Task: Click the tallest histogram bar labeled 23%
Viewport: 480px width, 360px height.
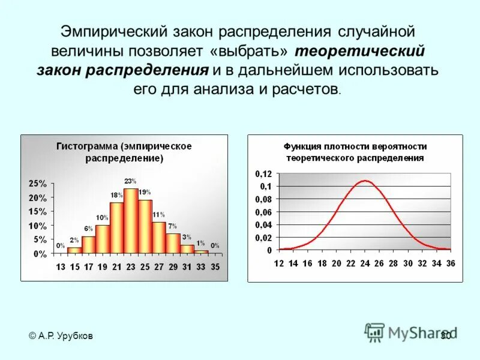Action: tap(131, 221)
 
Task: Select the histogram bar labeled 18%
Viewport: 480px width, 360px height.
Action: tap(116, 228)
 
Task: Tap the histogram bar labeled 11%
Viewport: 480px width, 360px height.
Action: tap(159, 238)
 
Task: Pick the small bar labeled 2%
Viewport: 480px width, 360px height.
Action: tap(74, 250)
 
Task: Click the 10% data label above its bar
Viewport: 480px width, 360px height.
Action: tap(102, 218)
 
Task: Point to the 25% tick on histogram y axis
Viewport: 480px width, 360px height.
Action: tap(38, 183)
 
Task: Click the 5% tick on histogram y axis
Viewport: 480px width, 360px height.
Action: tap(40, 239)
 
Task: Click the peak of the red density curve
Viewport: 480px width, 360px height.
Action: tap(365, 181)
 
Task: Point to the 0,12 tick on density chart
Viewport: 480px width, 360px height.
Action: tap(263, 173)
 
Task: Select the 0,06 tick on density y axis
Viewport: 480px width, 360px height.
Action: tap(263, 212)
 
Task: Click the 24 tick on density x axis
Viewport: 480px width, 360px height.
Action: tap(365, 263)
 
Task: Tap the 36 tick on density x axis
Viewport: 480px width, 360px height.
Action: tap(451, 263)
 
